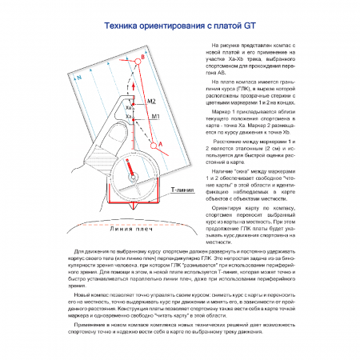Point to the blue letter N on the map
point(79,78)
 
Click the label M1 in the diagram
point(156,117)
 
